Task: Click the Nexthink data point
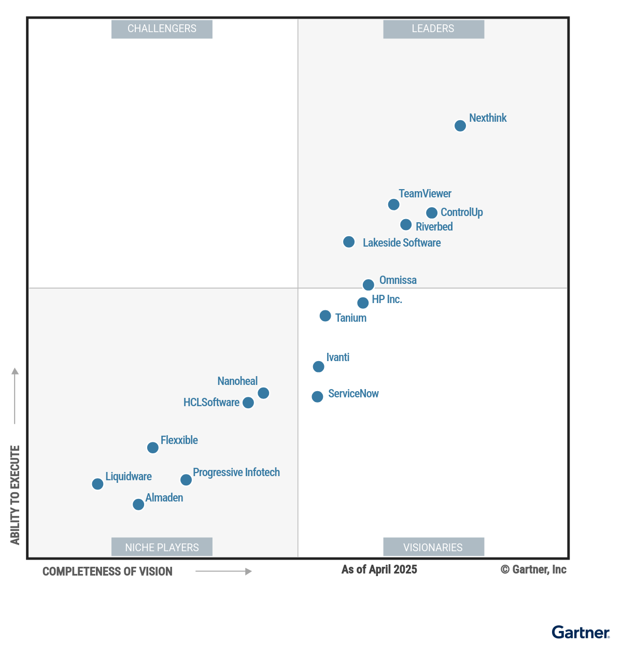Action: tap(460, 126)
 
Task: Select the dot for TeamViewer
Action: tap(393, 205)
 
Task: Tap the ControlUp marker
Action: tap(431, 213)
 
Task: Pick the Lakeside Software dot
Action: tap(349, 242)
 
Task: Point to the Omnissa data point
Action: tap(368, 285)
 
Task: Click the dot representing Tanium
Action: tap(325, 316)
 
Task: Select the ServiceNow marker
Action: tap(317, 397)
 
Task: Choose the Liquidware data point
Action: tap(97, 484)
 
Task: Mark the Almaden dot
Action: tap(138, 505)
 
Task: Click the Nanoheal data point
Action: tap(263, 393)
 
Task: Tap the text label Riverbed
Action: tap(434, 227)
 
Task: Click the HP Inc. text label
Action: tap(387, 299)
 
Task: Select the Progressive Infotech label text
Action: tap(236, 472)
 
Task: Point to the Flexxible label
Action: tap(179, 440)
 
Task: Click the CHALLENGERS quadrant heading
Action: tap(162, 29)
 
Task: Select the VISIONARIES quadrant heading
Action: tap(433, 547)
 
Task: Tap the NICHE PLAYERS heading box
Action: tap(162, 547)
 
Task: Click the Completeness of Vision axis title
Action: tap(107, 571)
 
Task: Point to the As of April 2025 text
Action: tap(379, 570)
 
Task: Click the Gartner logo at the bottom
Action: tap(581, 633)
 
